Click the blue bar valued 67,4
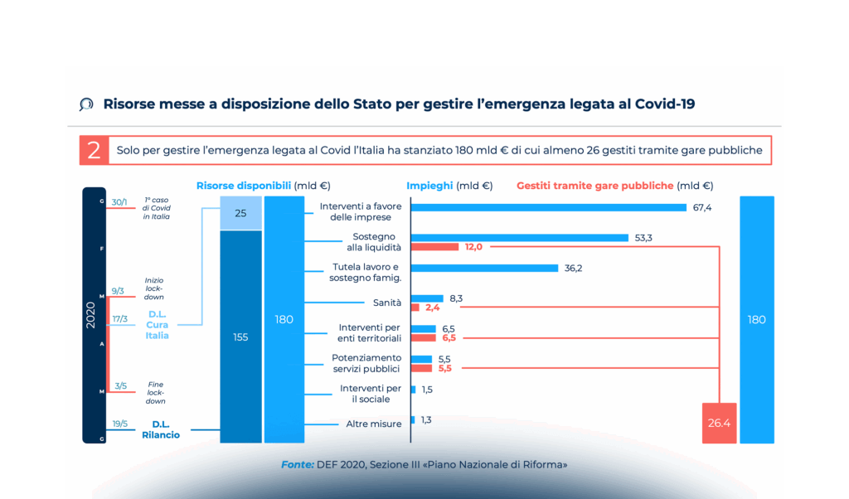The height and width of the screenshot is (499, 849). point(548,207)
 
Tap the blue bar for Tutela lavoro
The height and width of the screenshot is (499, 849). point(484,268)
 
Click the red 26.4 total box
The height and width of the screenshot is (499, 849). point(719,423)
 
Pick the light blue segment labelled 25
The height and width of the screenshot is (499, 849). point(241,213)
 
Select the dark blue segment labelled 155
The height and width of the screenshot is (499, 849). point(241,337)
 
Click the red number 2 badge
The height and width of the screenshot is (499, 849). point(94,150)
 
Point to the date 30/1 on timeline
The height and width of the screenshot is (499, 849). point(119,201)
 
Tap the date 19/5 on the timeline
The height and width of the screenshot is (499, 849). point(119,424)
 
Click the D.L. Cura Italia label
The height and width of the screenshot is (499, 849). point(158,325)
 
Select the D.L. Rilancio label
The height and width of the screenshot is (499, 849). point(161,429)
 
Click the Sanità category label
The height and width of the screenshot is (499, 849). point(387,303)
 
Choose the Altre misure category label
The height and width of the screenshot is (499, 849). point(373,424)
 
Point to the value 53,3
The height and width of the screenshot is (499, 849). point(643,238)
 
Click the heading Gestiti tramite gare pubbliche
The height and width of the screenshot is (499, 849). point(594,186)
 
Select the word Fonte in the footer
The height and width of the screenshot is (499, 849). point(297,465)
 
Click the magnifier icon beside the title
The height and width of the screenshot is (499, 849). point(86,104)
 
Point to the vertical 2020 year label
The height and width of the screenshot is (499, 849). point(91,314)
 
